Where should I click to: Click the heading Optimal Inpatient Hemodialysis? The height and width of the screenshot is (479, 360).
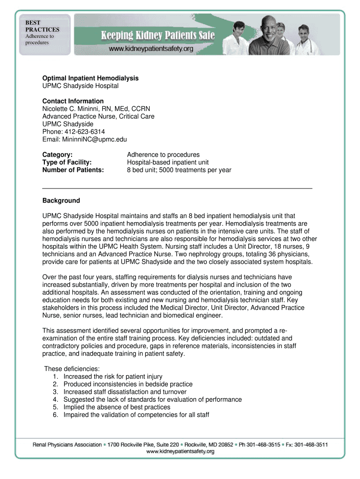pos(90,78)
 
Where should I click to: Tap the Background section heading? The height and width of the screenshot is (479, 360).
pos(61,201)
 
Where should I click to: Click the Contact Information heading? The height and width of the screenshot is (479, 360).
pos(73,101)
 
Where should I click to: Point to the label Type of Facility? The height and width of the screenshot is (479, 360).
pos(67,162)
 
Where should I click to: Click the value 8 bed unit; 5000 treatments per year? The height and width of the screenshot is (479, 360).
pos(179,170)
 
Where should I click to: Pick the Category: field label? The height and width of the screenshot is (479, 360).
pos(58,154)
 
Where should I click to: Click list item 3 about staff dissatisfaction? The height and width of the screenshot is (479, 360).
pos(125,392)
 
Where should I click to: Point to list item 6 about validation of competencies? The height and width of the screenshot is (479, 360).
pos(136,415)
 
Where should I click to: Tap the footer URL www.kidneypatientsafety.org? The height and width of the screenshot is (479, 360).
pos(180,452)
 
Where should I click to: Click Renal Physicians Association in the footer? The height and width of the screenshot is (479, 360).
pos(67,444)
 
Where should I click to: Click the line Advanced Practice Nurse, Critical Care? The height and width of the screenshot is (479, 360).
pos(98,116)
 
